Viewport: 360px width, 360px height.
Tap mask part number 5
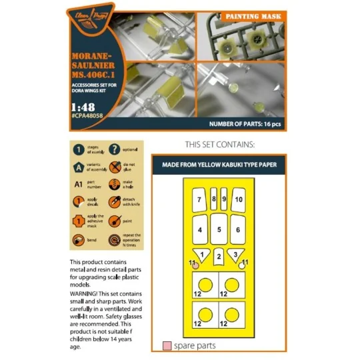click(x=219, y=229)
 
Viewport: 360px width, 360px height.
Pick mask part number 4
click(x=199, y=229)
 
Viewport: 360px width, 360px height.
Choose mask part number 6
click(x=239, y=229)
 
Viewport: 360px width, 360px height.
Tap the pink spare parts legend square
click(x=167, y=346)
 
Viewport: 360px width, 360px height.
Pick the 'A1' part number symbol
click(x=79, y=185)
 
